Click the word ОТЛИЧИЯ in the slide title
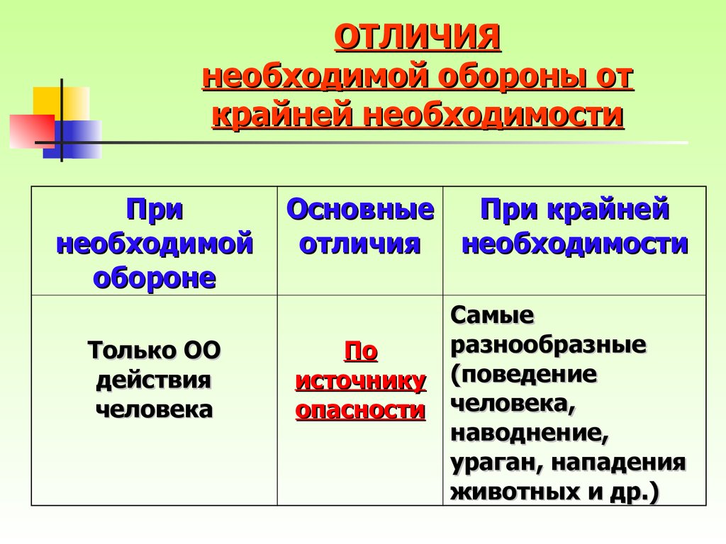coord(417,37)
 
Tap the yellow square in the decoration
coord(61,104)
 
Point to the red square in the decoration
coord(32,131)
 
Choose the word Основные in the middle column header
coord(360,209)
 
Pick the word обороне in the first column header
coord(155,278)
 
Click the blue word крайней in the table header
coord(608,209)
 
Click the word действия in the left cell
coord(154,380)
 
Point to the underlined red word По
coord(361,351)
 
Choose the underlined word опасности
coord(361,410)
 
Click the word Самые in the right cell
coord(492,315)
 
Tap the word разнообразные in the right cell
coord(548,346)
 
